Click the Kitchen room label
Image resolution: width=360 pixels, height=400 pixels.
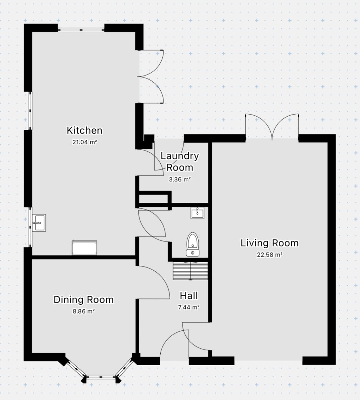coord(84,130)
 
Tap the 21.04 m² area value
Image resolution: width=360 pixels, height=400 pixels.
coord(84,142)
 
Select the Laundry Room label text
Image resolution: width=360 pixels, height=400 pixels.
coord(179,161)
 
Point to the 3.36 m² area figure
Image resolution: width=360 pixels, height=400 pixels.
coord(179,179)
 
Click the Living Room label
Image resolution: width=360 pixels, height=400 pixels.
coord(269,243)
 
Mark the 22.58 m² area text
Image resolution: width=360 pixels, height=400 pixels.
coord(270,255)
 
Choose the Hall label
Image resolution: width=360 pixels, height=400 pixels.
coord(189,295)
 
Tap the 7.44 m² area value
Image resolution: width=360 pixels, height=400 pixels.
coord(189,307)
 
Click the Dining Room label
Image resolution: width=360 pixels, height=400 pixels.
coord(83,299)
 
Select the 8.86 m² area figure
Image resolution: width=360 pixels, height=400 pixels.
coord(83,311)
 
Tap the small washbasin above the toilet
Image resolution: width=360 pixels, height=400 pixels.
coord(198,213)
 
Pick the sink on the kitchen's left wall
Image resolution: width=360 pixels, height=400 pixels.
coord(39,222)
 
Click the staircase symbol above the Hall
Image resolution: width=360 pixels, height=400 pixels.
coord(191,271)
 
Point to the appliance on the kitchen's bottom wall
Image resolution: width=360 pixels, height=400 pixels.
coord(84,248)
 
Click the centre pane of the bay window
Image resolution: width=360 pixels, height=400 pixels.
coord(101,378)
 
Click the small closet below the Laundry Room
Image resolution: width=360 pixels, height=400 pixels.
coord(153,199)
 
